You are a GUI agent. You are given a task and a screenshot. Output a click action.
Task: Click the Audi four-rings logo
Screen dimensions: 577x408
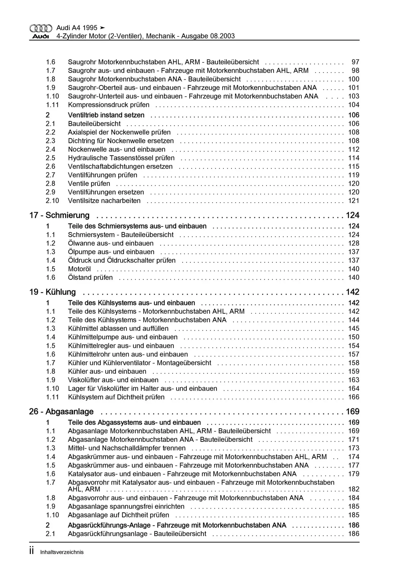point(41,28)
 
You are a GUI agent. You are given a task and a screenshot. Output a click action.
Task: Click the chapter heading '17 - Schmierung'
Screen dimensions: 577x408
point(59,215)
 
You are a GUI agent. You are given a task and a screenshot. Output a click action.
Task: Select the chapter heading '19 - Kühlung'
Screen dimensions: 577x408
point(52,292)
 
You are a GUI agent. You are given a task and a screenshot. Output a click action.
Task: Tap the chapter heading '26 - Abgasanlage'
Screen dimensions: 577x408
point(61,411)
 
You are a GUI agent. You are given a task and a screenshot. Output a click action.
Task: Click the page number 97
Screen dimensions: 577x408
point(355,62)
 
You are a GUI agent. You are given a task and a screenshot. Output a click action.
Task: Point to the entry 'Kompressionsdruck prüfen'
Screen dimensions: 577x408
point(109,105)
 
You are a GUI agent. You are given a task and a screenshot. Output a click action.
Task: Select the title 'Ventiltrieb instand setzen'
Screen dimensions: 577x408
point(106,115)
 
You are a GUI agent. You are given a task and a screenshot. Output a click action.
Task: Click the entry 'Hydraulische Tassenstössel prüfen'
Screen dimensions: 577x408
point(121,158)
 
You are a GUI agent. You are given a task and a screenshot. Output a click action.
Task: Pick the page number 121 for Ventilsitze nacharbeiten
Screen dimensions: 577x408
point(354,201)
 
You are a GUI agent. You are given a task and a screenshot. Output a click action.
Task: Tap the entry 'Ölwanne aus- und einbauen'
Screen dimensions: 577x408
point(111,243)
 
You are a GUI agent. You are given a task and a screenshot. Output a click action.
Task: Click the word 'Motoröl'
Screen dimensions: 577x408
point(79,269)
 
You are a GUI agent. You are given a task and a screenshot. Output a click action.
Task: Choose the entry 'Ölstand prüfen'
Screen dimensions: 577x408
point(90,278)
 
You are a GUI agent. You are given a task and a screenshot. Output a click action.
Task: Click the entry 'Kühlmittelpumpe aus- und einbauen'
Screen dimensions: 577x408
point(123,337)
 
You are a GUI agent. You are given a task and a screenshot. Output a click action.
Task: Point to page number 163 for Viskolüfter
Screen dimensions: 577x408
point(354,380)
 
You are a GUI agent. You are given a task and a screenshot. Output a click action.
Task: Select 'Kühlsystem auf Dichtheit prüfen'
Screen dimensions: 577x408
point(116,397)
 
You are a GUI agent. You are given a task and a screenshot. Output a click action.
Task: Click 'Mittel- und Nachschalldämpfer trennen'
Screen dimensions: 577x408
point(127,448)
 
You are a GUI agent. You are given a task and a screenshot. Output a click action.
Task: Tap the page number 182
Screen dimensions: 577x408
point(354,489)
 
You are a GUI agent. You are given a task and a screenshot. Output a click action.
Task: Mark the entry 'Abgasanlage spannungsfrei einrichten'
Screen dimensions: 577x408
point(126,506)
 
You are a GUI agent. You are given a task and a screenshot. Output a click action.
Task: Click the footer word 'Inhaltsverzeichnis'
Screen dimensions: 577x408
point(62,552)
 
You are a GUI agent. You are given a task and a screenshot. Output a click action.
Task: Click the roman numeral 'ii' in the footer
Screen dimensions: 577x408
point(32,551)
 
